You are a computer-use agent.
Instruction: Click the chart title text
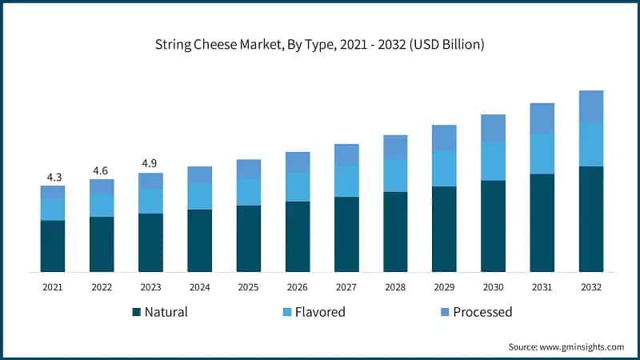320,46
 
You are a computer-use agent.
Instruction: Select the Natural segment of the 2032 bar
591,219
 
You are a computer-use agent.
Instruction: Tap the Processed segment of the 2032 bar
591,106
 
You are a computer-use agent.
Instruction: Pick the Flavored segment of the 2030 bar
493,161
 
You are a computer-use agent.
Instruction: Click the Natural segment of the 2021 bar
53,246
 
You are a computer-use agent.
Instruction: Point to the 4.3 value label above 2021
53,176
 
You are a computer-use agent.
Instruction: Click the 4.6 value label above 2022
102,170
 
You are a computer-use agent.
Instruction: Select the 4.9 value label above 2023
150,163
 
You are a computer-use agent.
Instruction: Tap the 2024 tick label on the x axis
199,286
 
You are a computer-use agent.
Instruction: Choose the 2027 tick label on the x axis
346,286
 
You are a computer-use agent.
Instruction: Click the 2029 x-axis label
444,286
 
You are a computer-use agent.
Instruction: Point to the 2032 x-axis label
591,286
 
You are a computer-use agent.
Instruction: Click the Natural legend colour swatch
137,312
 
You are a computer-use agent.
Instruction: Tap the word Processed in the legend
482,312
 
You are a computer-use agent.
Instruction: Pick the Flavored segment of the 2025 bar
248,191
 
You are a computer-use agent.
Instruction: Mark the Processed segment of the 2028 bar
395,146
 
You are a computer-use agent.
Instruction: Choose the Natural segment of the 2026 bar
298,236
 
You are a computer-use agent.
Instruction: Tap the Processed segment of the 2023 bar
150,181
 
